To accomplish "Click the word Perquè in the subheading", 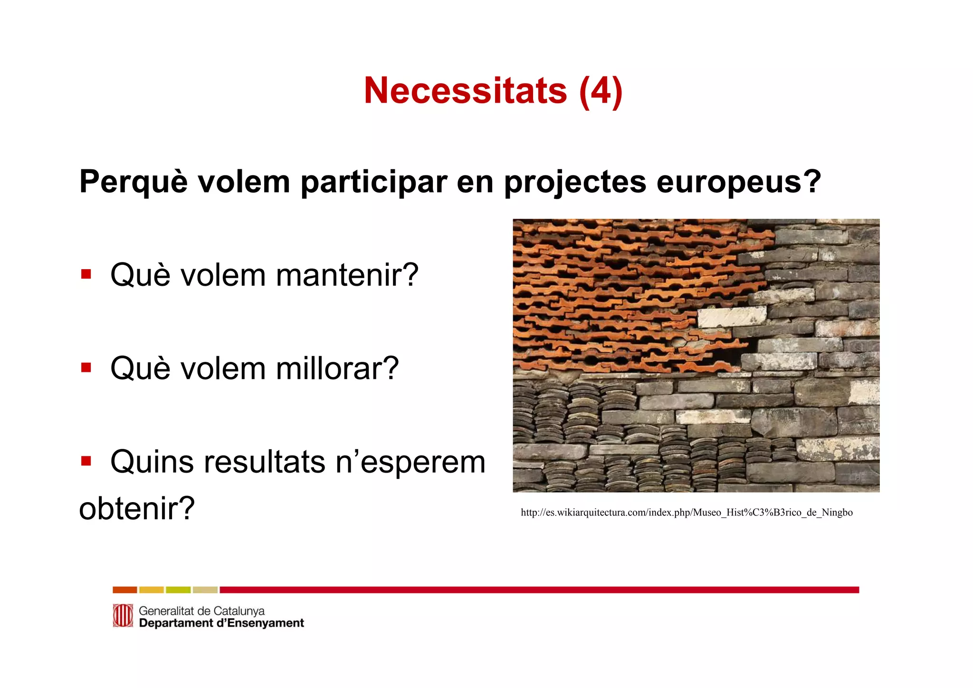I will (x=133, y=182).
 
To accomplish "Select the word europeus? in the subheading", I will (x=739, y=182).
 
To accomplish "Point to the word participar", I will (x=374, y=182).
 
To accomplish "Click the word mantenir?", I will (x=347, y=275).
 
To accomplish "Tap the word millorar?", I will (x=337, y=368).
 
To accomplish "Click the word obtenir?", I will (x=137, y=508).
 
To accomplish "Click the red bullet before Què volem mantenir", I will (x=86, y=274).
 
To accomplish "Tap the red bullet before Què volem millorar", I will (x=86, y=368).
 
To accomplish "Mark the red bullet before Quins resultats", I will (x=86, y=461).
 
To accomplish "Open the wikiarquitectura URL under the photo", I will (x=687, y=513).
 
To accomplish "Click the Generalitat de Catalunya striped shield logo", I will (x=123, y=616).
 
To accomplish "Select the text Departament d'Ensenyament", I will (x=221, y=623).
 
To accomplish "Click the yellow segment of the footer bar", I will (x=152, y=590).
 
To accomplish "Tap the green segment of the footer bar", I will (x=178, y=590).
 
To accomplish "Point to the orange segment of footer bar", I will (x=124, y=590).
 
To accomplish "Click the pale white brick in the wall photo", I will (x=732, y=317).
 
